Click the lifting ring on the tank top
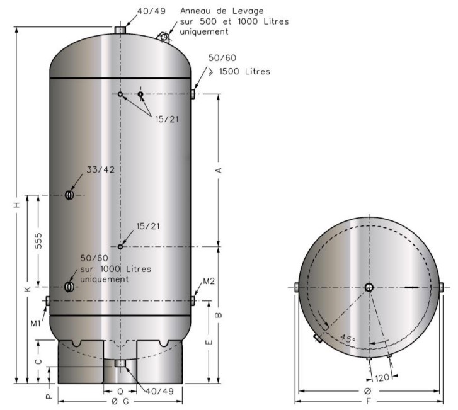164,37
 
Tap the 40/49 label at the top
152,11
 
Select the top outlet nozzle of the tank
120,30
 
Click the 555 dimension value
38,241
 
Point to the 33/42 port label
100,169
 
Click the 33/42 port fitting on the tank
69,195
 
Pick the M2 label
209,282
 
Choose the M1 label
36,323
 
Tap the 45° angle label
348,339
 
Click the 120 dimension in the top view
382,378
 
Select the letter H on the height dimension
18,205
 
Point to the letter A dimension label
219,170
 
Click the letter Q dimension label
120,391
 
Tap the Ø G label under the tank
120,402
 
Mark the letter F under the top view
369,402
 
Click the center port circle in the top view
369,287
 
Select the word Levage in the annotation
248,11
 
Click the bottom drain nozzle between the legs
120,363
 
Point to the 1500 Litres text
244,72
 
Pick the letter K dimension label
28,289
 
